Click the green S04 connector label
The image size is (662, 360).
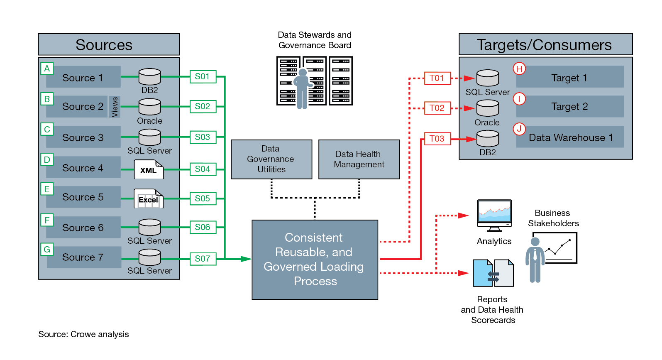pyautogui.click(x=203, y=169)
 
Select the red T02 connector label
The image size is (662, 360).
pyautogui.click(x=437, y=108)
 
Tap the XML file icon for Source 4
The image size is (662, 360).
pyautogui.click(x=149, y=169)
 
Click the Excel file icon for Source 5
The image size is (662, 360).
pyautogui.click(x=149, y=199)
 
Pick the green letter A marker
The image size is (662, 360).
pyautogui.click(x=47, y=69)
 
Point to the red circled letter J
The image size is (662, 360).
pyautogui.click(x=519, y=129)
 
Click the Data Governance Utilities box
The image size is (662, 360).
pyautogui.click(x=271, y=159)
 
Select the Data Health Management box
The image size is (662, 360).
pyautogui.click(x=359, y=159)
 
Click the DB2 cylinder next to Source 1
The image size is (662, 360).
pyautogui.click(x=149, y=77)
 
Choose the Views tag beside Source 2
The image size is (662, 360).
pyautogui.click(x=115, y=107)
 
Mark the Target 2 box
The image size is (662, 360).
pyautogui.click(x=569, y=107)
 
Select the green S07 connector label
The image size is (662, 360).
pyautogui.click(x=203, y=259)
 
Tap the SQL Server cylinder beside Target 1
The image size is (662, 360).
pyautogui.click(x=487, y=78)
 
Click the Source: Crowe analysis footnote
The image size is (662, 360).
pyautogui.click(x=83, y=334)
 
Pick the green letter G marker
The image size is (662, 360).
pyautogui.click(x=47, y=249)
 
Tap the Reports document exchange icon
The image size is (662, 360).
pyautogui.click(x=493, y=274)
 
